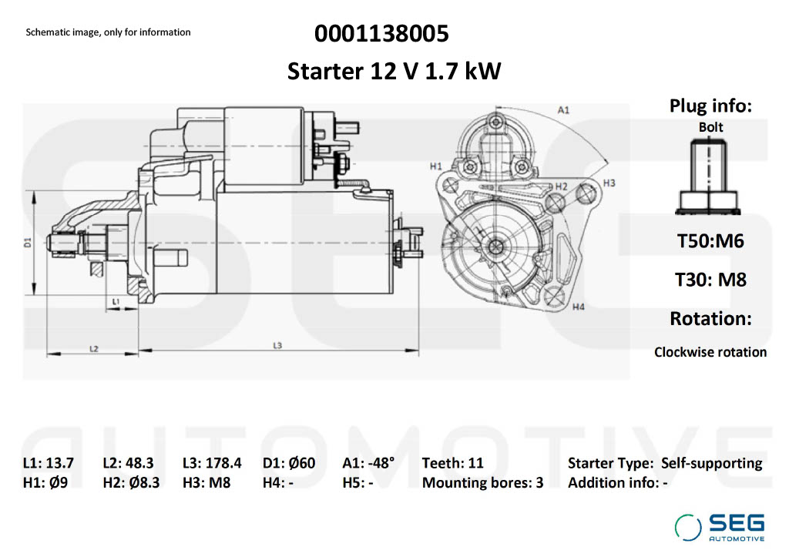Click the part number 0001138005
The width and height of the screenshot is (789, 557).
pyautogui.click(x=381, y=34)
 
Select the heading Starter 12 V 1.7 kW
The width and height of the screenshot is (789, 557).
pyautogui.click(x=394, y=72)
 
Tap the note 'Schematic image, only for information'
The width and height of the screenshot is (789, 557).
pyautogui.click(x=108, y=32)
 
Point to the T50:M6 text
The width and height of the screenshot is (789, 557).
pyautogui.click(x=710, y=240)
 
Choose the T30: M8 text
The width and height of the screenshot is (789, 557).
pyautogui.click(x=710, y=279)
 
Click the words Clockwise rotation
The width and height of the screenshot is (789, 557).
pyautogui.click(x=710, y=352)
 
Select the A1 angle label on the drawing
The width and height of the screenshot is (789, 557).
pyautogui.click(x=563, y=110)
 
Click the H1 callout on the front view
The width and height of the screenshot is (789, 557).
pyautogui.click(x=435, y=166)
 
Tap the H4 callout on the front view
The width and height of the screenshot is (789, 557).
pyautogui.click(x=579, y=307)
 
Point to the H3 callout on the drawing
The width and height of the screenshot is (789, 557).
pyautogui.click(x=609, y=183)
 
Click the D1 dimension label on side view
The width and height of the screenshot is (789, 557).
pyautogui.click(x=27, y=242)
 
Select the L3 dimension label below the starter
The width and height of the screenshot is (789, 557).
pyautogui.click(x=277, y=345)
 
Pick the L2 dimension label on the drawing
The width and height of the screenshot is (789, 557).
pyautogui.click(x=93, y=349)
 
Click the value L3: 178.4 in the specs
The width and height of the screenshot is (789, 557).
pyautogui.click(x=212, y=463)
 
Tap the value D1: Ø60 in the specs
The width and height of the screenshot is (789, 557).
pyautogui.click(x=289, y=463)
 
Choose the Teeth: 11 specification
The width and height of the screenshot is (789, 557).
pyautogui.click(x=452, y=463)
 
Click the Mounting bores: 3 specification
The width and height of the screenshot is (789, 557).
pyautogui.click(x=482, y=483)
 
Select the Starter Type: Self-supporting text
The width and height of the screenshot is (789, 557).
pyautogui.click(x=665, y=463)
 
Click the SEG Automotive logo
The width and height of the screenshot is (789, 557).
pyautogui.click(x=720, y=526)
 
